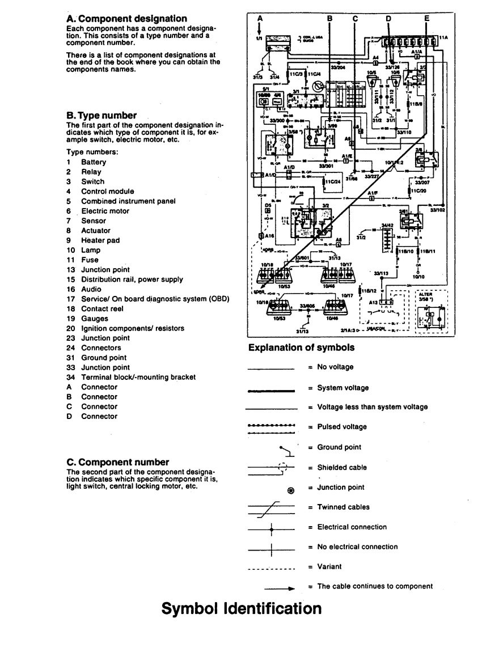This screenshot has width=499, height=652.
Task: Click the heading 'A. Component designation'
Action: [x=126, y=19]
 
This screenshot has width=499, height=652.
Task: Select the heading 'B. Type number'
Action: [x=102, y=116]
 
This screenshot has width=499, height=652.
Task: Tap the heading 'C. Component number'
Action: [x=117, y=462]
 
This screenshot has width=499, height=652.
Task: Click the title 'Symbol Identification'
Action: [x=242, y=608]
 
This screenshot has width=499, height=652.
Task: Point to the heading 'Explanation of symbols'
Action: [x=302, y=348]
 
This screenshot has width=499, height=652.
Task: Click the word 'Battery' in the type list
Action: [x=94, y=162]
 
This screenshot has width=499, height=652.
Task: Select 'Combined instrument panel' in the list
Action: [x=128, y=201]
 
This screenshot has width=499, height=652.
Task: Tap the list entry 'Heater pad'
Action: [x=100, y=240]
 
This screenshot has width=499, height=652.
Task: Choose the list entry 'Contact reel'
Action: [x=102, y=309]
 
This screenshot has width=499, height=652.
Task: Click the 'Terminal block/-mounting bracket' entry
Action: [x=138, y=377]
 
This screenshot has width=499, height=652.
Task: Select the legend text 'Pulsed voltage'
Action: [x=342, y=427]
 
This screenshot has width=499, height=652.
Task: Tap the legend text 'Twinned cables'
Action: [x=343, y=507]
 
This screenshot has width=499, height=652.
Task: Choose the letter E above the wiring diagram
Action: [x=426, y=18]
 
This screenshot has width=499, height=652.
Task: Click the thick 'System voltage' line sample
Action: [x=272, y=390]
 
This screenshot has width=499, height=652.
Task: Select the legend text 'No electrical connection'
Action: [x=357, y=547]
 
